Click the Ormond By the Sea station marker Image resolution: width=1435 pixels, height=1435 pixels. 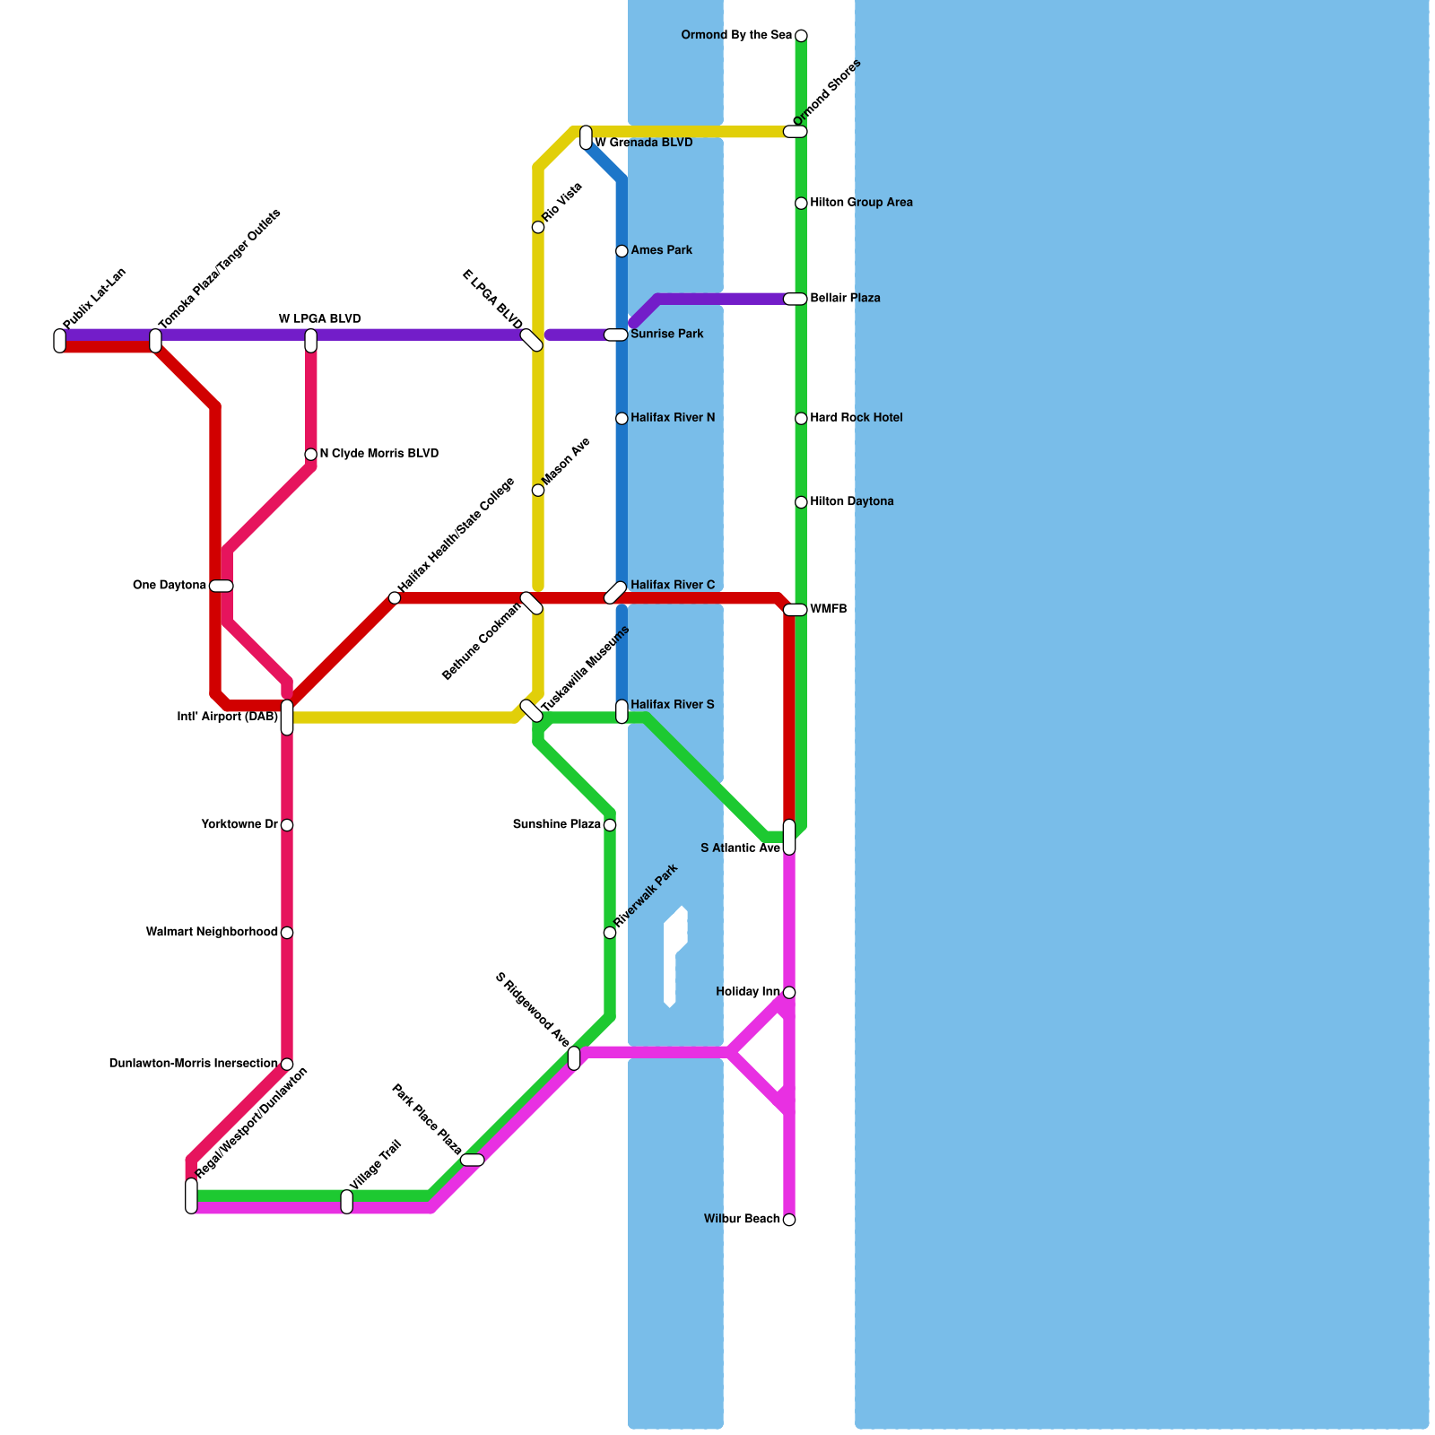tap(801, 36)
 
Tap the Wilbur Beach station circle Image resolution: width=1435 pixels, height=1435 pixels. tap(789, 1220)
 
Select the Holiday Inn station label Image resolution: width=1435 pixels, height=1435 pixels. tap(748, 992)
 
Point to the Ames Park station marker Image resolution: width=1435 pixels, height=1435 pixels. tap(622, 251)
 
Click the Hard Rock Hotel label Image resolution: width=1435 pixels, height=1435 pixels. tap(856, 418)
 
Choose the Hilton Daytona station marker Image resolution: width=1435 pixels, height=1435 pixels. tap(801, 502)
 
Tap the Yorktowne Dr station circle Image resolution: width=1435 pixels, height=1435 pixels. tap(287, 825)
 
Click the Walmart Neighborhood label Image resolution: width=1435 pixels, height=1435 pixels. tap(212, 933)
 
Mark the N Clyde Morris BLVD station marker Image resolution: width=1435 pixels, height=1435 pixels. tap(310, 455)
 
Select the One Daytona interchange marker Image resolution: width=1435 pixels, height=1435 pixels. tap(222, 587)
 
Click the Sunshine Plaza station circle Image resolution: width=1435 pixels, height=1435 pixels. tap(610, 825)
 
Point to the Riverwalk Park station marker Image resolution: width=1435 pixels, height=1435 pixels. tap(610, 933)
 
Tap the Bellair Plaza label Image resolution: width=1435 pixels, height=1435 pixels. tap(845, 299)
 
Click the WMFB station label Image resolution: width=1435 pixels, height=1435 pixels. tap(828, 610)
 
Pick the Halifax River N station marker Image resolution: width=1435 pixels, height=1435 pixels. tap(622, 419)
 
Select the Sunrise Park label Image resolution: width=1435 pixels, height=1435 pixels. tap(666, 335)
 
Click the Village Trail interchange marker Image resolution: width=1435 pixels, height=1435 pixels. tap(347, 1202)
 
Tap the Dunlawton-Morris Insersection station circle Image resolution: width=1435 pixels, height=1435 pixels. tap(287, 1065)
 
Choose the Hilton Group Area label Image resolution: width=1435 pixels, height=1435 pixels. tap(861, 203)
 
